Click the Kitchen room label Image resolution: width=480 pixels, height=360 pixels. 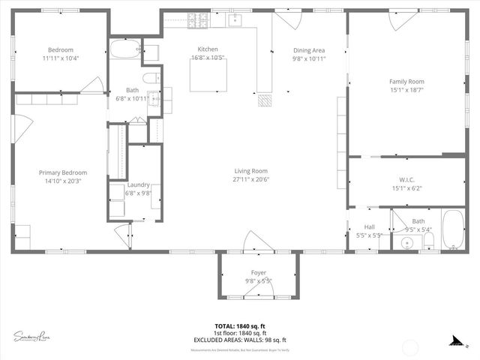pyautogui.click(x=208, y=49)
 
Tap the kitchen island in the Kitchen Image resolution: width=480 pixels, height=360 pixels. pyautogui.click(x=208, y=75)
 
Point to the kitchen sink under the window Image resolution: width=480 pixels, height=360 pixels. pyautogui.click(x=235, y=19)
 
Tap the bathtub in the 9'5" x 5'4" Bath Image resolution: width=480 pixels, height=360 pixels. pyautogui.click(x=452, y=230)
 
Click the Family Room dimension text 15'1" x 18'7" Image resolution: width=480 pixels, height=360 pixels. pyautogui.click(x=406, y=89)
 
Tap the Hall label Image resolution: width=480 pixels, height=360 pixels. pyautogui.click(x=369, y=226)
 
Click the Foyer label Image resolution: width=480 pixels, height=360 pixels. pyautogui.click(x=258, y=272)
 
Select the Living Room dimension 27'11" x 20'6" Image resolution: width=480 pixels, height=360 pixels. pyautogui.click(x=250, y=179)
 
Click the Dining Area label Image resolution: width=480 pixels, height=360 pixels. pyautogui.click(x=307, y=49)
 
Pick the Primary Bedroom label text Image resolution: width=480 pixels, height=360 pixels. pyautogui.click(x=63, y=172)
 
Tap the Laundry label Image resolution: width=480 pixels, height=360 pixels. pyautogui.click(x=138, y=184)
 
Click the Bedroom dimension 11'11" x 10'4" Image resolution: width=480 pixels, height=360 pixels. pyautogui.click(x=60, y=58)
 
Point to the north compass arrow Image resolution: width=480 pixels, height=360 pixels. pyautogui.click(x=455, y=340)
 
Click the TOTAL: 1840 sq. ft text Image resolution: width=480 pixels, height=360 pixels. pyautogui.click(x=240, y=326)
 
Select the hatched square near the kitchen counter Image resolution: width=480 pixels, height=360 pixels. pyautogui.click(x=264, y=100)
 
